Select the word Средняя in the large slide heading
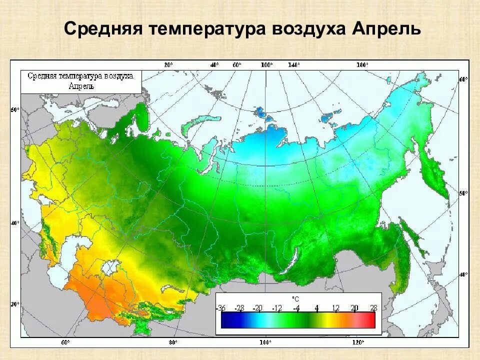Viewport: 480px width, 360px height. pyautogui.click(x=102, y=29)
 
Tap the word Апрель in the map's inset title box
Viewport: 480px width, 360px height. pyautogui.click(x=80, y=85)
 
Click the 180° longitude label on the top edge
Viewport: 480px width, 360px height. pyautogui.click(x=361, y=65)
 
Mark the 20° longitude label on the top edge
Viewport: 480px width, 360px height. pyautogui.click(x=168, y=65)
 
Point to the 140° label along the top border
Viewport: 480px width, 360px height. pyautogui.click(x=293, y=65)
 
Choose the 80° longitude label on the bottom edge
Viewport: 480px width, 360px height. pyautogui.click(x=173, y=342)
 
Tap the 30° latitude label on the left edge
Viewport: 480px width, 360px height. pyautogui.click(x=15, y=303)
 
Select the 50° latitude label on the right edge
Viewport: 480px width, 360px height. pyautogui.click(x=463, y=192)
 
